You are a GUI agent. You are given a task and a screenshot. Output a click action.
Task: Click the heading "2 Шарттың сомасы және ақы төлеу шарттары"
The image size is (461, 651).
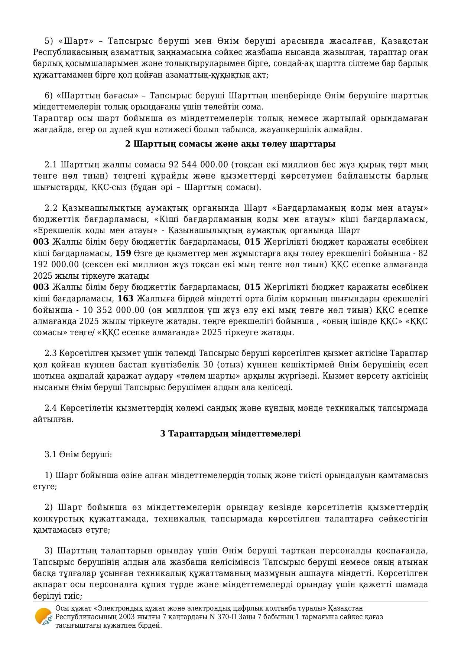[230, 144]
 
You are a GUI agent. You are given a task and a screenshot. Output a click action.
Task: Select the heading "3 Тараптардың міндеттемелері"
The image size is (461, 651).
[230, 434]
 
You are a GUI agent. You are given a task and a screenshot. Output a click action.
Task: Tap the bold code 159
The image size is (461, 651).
[123, 253]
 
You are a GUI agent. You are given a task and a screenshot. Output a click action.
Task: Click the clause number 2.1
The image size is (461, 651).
[51, 164]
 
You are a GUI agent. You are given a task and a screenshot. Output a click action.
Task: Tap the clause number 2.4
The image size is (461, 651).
[51, 408]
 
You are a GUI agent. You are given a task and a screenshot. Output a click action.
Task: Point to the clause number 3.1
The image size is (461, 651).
[51, 454]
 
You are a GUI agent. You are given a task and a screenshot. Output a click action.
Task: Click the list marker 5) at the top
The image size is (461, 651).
[49, 41]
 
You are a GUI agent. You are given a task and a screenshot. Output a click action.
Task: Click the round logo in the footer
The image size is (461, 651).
[43, 617]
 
